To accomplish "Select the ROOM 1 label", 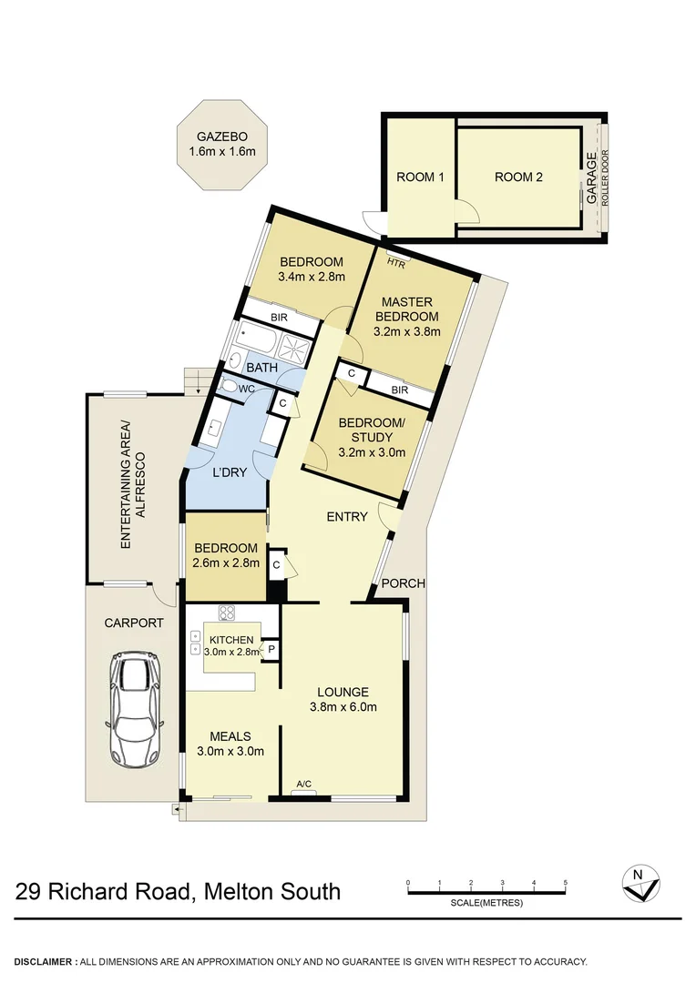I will tap(420, 177).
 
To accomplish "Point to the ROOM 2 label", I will tap(518, 177).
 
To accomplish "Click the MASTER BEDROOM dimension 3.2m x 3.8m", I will tap(407, 332).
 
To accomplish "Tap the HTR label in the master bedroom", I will tap(395, 263).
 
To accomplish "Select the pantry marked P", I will tap(271, 649).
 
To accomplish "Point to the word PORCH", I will tap(403, 583).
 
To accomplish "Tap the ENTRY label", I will tap(347, 517).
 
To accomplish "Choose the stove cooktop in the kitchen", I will tap(227, 613).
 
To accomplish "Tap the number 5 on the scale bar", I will tap(565, 883).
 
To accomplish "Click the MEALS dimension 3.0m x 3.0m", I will tap(230, 752).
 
